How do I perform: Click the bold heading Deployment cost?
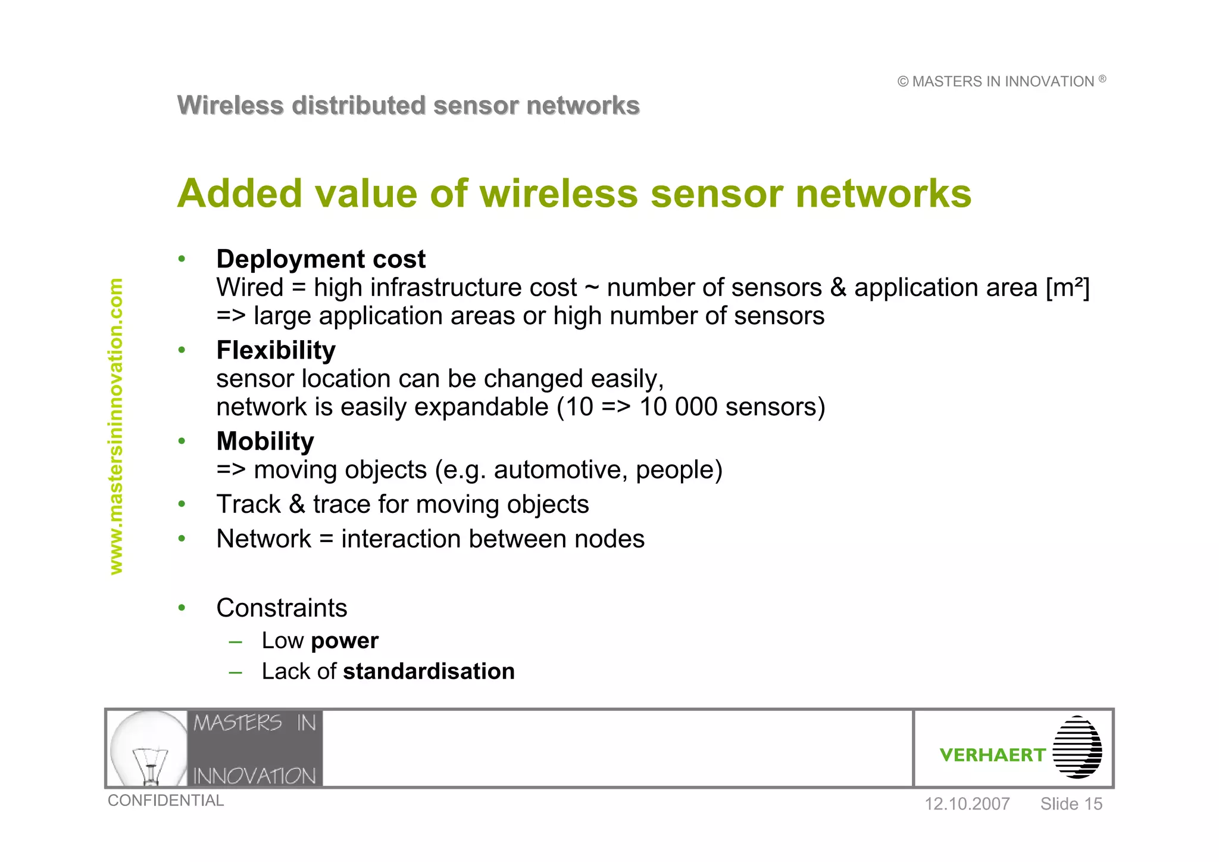[321, 259]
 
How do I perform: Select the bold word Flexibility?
[276, 350]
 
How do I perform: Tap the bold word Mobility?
[265, 441]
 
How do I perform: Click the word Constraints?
[282, 608]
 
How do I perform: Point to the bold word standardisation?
[429, 671]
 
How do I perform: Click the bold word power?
[344, 641]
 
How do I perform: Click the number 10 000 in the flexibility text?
[678, 407]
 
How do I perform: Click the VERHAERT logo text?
[992, 755]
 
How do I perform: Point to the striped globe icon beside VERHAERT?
[1077, 748]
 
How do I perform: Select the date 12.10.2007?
[967, 804]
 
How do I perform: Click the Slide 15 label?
[1071, 804]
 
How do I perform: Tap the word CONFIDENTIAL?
[165, 801]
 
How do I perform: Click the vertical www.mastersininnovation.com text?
[116, 426]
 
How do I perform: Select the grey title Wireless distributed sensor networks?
[408, 105]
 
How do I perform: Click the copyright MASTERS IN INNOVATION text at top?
[1002, 82]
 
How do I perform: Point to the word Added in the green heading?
[239, 194]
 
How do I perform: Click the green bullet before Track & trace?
[182, 505]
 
